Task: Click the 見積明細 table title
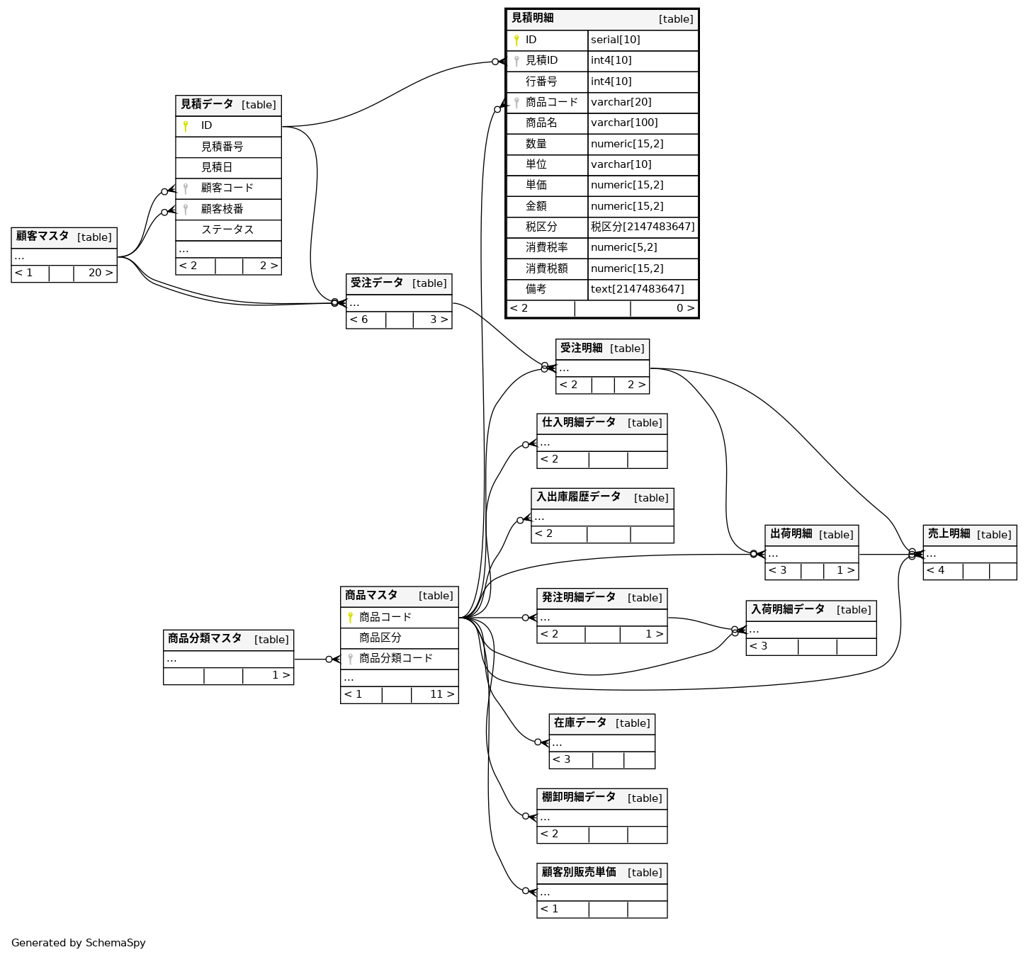coord(533,18)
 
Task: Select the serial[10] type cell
coord(615,40)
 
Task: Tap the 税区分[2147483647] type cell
coord(643,227)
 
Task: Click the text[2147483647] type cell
coord(637,290)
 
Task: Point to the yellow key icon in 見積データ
coord(186,126)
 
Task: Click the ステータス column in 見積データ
coord(227,230)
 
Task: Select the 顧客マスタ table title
coord(43,237)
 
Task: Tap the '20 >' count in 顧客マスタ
coord(100,273)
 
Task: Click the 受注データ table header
coord(377,283)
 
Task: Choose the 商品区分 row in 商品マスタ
coord(380,638)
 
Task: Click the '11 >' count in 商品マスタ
coord(441,695)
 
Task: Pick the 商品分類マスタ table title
coord(205,639)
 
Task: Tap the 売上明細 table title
coord(949,534)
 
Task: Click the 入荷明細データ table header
coord(788,610)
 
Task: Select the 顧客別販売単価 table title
coord(579,873)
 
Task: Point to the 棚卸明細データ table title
coord(579,798)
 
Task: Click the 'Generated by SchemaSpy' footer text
coord(79,943)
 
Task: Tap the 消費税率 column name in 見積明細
coord(546,248)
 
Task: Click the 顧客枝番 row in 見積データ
coord(222,210)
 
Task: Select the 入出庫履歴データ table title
coord(578,497)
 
